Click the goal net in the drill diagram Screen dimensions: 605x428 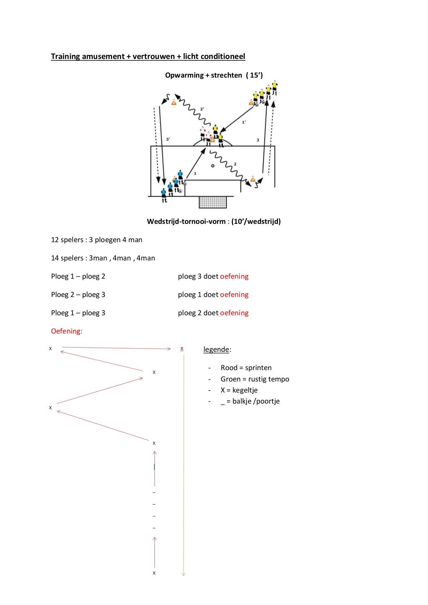point(213,202)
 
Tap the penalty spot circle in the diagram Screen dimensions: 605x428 point(213,166)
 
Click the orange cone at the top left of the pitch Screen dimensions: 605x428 point(174,102)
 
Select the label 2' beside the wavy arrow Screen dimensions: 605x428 point(202,109)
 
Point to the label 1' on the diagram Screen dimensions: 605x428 point(244,122)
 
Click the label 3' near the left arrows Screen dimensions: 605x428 point(168,139)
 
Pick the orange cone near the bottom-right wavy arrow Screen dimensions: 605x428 point(253,179)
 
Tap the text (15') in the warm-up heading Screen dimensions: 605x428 point(255,75)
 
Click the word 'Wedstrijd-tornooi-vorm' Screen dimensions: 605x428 point(186,221)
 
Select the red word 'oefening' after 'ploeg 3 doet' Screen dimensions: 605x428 point(234,276)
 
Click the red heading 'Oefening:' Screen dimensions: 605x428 point(67,331)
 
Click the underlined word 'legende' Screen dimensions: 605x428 point(216,349)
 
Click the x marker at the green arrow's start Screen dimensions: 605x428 point(182,349)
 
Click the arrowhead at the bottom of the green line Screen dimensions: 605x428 point(183,574)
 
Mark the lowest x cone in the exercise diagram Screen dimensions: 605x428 point(154,573)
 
